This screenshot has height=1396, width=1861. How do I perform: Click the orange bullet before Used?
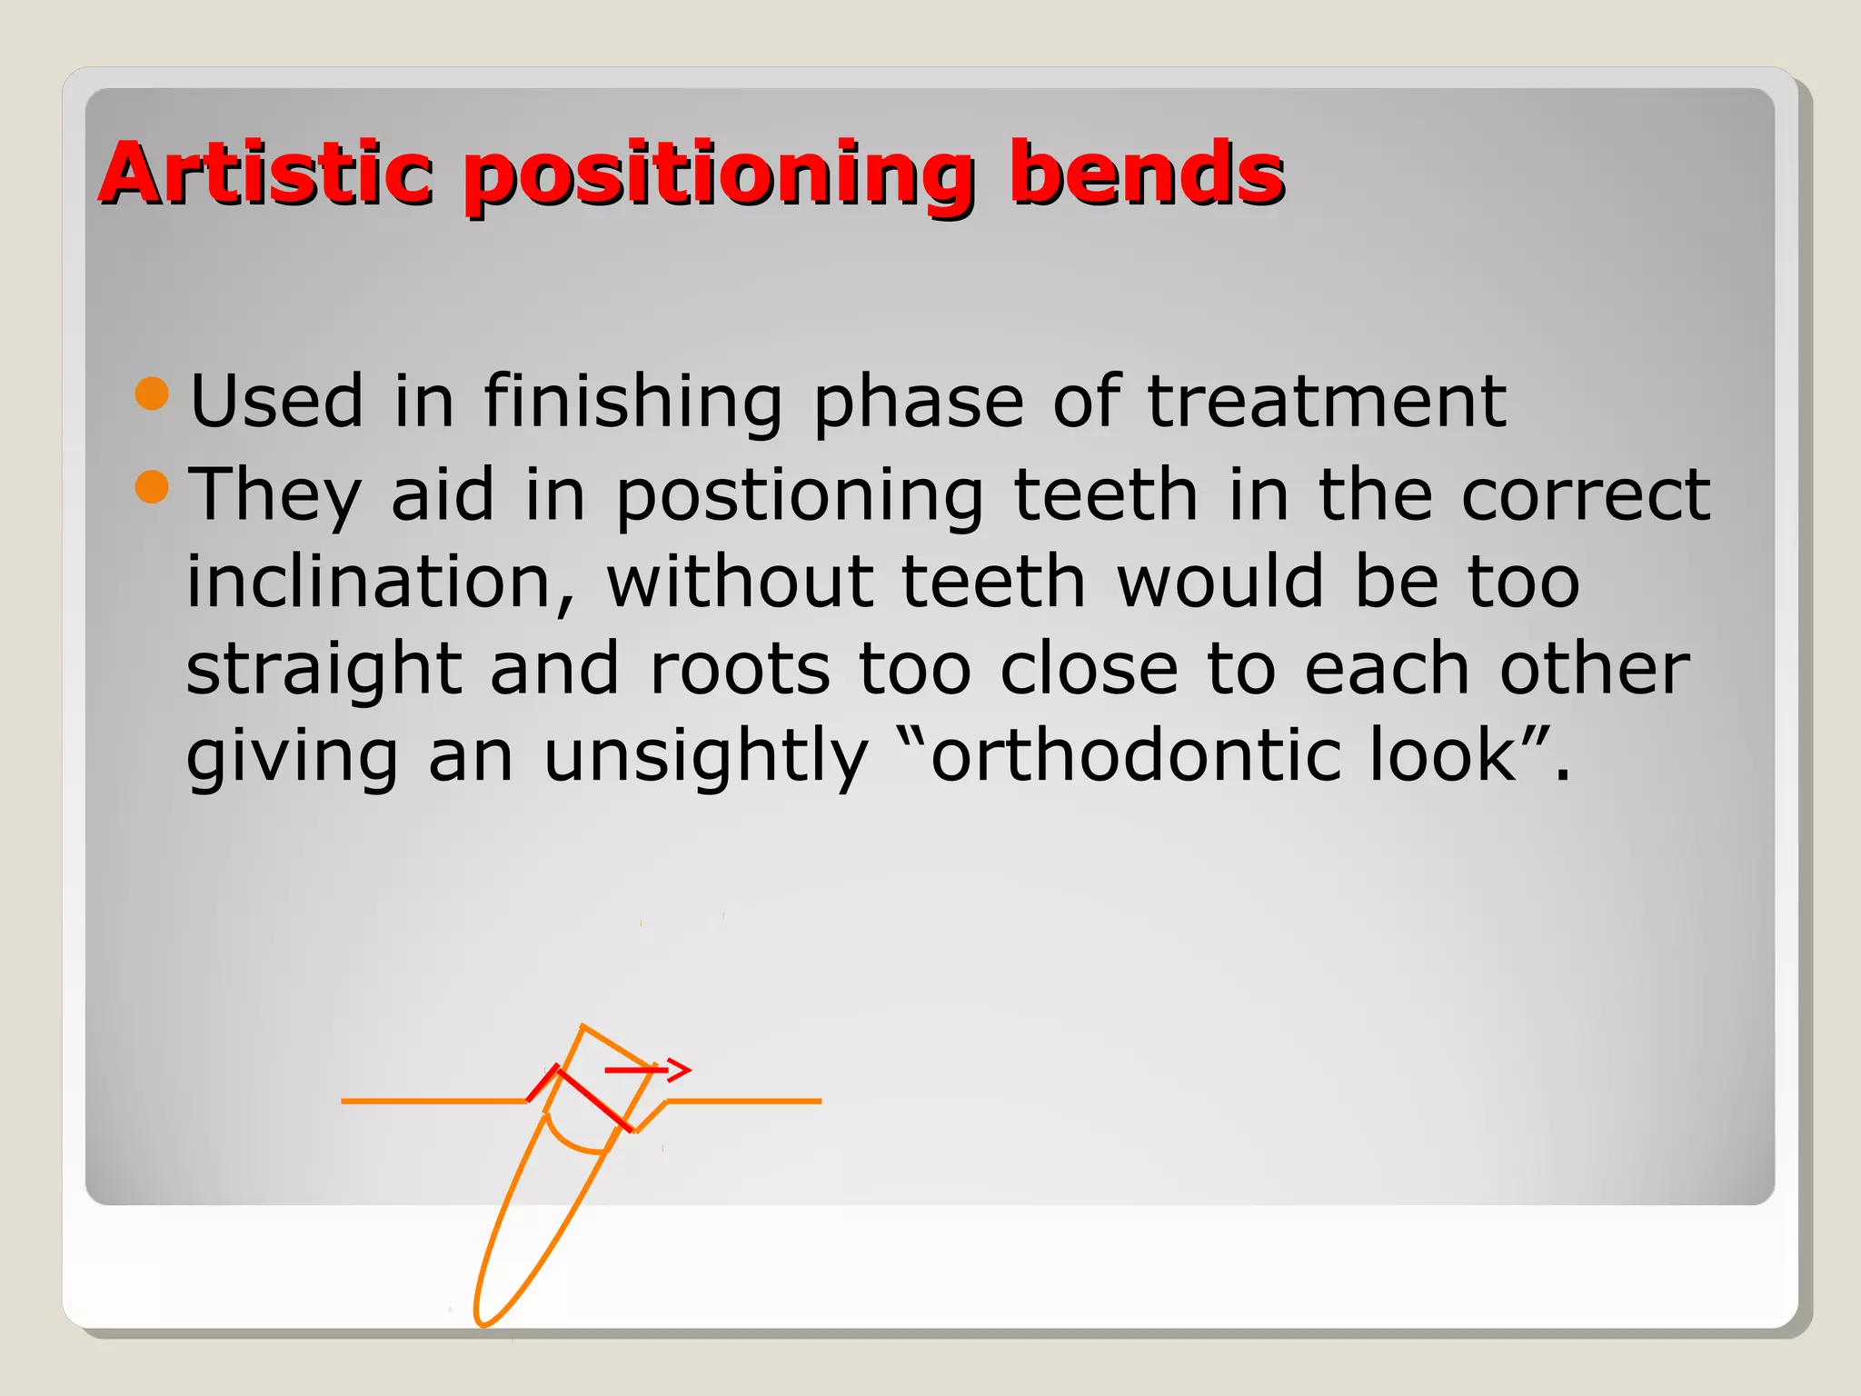coord(152,394)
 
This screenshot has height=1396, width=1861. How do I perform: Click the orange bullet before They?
coord(152,486)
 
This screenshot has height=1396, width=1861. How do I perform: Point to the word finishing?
coord(632,402)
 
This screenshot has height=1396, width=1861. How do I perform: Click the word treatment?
coord(1327,402)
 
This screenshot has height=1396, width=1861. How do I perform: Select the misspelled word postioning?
coord(800,496)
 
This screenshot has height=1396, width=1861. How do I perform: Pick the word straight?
coord(323,670)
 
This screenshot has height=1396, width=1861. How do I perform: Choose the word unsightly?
coord(706,757)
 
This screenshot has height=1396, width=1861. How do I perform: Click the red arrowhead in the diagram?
coord(681,1070)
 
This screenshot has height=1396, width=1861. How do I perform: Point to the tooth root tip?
coord(483,1321)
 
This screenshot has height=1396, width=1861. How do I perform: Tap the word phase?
coord(918,402)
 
